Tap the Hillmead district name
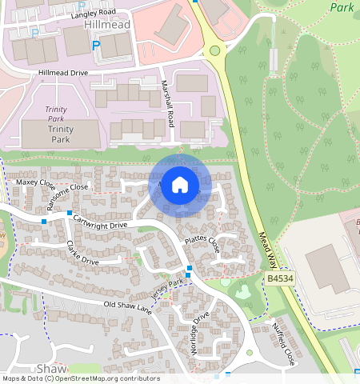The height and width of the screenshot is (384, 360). click(106, 26)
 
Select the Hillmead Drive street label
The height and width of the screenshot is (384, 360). click(63, 73)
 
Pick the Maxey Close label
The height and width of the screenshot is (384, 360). click(33, 183)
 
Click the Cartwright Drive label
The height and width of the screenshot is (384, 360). click(100, 220)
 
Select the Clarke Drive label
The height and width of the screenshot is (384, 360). click(82, 252)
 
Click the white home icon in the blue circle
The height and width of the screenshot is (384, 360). click(180, 185)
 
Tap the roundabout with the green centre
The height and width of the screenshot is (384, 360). click(214, 51)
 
